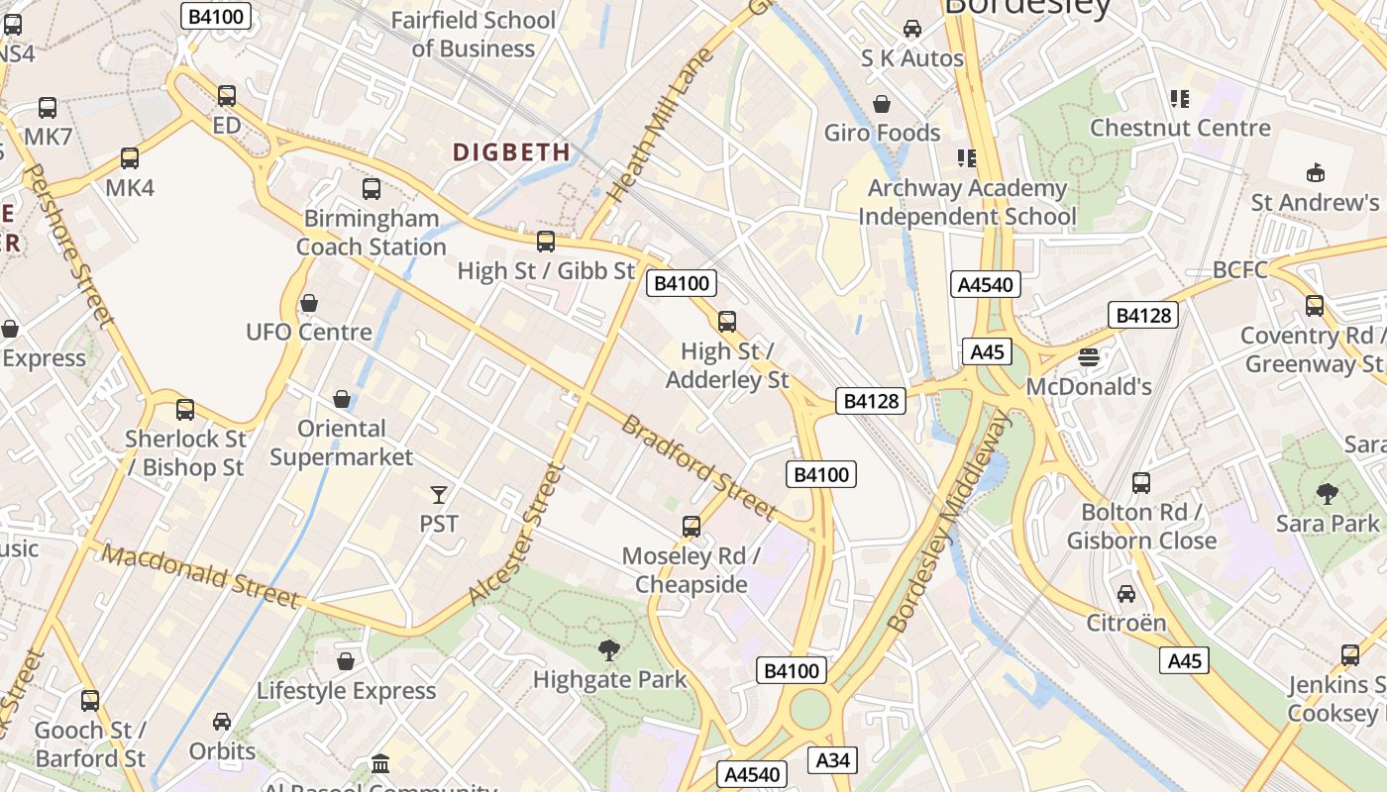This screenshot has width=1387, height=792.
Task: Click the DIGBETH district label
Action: (511, 152)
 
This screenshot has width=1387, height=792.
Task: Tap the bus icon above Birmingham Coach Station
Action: (372, 189)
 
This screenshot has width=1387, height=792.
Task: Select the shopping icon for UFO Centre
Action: (309, 303)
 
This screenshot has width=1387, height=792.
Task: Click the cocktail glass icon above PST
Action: (439, 494)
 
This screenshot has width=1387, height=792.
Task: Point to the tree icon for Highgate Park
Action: (609, 650)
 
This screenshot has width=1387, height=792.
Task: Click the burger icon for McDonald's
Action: (1089, 357)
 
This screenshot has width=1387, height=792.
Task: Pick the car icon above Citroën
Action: (1126, 594)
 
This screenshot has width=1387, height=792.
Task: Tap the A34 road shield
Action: (832, 760)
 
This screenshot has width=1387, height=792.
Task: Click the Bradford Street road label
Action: (698, 466)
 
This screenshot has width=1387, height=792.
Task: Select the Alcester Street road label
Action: (516, 535)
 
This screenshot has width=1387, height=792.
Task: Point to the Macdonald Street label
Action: (199, 575)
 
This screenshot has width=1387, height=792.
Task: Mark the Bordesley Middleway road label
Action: (950, 522)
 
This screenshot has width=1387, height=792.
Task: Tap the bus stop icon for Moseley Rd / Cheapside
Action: (692, 527)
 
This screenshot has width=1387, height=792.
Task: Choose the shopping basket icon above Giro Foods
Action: (882, 104)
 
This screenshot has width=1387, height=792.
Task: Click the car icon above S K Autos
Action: (911, 30)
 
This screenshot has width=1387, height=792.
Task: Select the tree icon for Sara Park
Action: (1327, 493)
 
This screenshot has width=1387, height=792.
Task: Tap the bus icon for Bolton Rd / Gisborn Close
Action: (1141, 483)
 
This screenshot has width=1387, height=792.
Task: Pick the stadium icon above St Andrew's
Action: (1315, 173)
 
